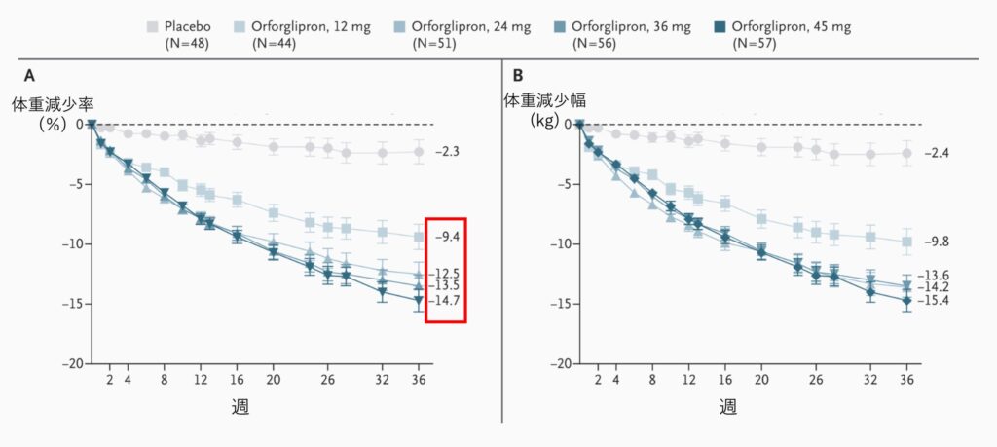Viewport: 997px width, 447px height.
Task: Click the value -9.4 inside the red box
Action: point(446,237)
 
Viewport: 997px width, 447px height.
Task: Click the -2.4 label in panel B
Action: point(935,153)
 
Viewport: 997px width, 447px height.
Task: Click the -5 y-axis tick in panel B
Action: point(560,184)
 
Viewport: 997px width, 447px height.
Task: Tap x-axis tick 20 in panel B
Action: point(760,380)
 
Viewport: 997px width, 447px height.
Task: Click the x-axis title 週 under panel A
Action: point(240,405)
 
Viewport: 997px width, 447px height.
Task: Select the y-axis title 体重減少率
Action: point(53,103)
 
